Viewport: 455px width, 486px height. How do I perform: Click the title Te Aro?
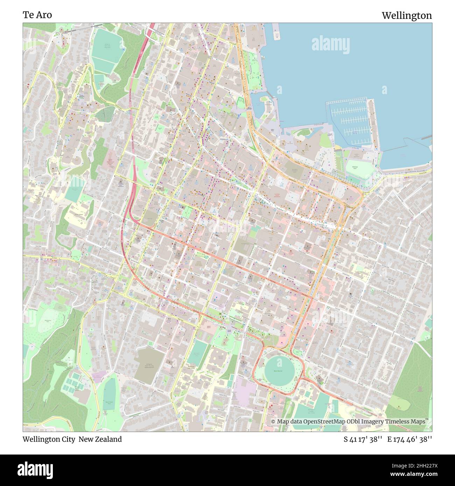click(37, 15)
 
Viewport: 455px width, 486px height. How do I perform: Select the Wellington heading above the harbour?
click(406, 15)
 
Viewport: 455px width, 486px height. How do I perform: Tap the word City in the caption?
click(67, 439)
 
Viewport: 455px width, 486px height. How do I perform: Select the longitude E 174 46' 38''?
click(409, 439)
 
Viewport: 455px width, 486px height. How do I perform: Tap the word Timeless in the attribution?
click(399, 422)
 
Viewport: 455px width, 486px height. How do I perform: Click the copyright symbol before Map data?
click(274, 422)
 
